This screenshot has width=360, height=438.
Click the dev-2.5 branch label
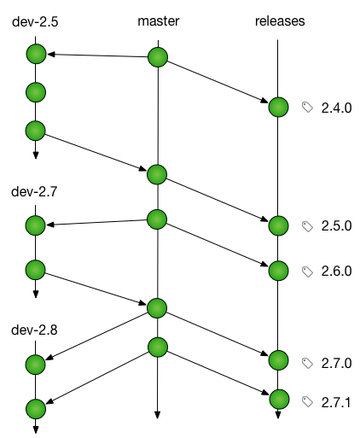pyautogui.click(x=35, y=22)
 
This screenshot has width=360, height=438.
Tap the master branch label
pyautogui.click(x=159, y=21)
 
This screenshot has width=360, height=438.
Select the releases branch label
pyautogui.click(x=280, y=21)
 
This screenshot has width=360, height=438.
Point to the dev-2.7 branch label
pyautogui.click(x=34, y=191)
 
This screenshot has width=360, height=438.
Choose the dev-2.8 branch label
pyautogui.click(x=34, y=330)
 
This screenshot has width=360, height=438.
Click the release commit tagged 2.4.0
pyautogui.click(x=278, y=107)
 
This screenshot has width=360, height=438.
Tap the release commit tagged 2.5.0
pyautogui.click(x=278, y=225)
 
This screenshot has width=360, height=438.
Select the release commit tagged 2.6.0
pyautogui.click(x=278, y=271)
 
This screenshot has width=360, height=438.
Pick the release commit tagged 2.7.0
pyautogui.click(x=278, y=360)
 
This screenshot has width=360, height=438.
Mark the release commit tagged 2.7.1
pyautogui.click(x=279, y=400)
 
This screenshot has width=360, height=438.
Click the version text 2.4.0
pyautogui.click(x=336, y=108)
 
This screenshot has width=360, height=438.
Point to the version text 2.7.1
pyautogui.click(x=336, y=402)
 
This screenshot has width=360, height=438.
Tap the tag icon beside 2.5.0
pyautogui.click(x=307, y=226)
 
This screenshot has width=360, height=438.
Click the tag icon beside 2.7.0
pyautogui.click(x=307, y=363)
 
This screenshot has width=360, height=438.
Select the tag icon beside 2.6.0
pyautogui.click(x=307, y=272)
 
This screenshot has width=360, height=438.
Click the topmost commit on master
pyautogui.click(x=158, y=57)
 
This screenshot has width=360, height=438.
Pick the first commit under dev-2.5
pyautogui.click(x=36, y=54)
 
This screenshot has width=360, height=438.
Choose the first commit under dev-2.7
pyautogui.click(x=36, y=225)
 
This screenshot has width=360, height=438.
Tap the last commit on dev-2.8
pyautogui.click(x=36, y=409)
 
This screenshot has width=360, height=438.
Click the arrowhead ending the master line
pyautogui.click(x=157, y=415)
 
